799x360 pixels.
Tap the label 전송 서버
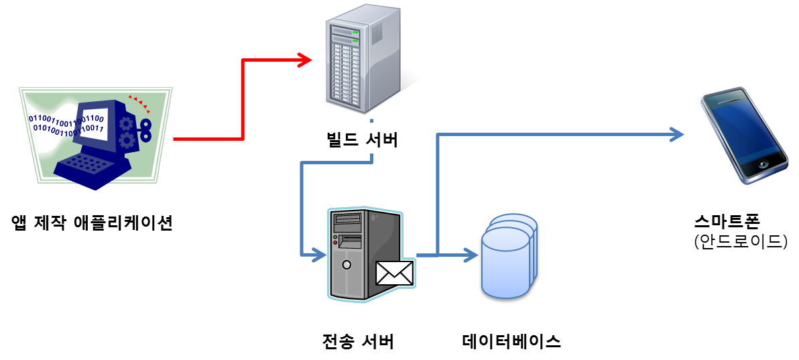[359, 341]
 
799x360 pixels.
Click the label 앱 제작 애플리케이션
[93, 223]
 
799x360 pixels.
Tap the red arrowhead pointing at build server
[305, 61]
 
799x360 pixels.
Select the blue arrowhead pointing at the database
[467, 255]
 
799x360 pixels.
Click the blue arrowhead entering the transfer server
[316, 255]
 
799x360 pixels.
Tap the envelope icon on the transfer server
[395, 272]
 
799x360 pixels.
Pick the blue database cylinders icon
[509, 255]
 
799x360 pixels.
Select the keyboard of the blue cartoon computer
[87, 164]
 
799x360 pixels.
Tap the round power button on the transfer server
[346, 264]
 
